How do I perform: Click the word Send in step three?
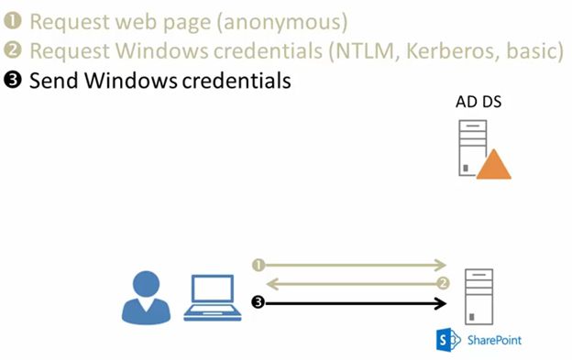click(x=53, y=81)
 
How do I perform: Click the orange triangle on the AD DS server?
click(x=493, y=164)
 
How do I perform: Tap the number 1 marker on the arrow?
click(x=258, y=265)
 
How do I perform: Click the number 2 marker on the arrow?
click(x=443, y=283)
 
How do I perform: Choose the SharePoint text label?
click(x=495, y=340)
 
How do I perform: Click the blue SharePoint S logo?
click(x=449, y=340)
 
